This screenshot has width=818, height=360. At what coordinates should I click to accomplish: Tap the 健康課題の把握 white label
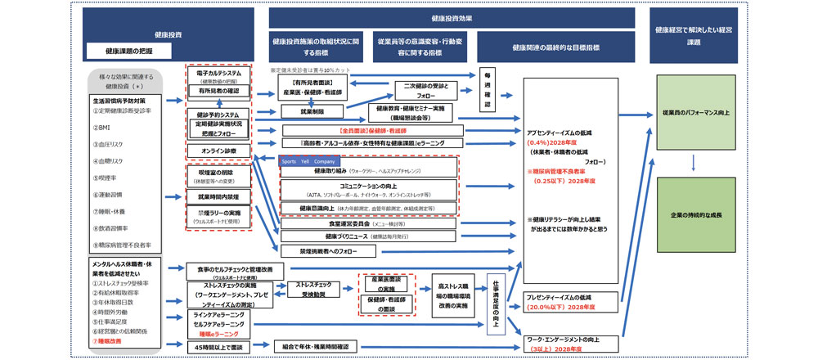[128, 51]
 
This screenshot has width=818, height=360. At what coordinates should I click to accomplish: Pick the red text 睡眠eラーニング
[215, 335]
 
